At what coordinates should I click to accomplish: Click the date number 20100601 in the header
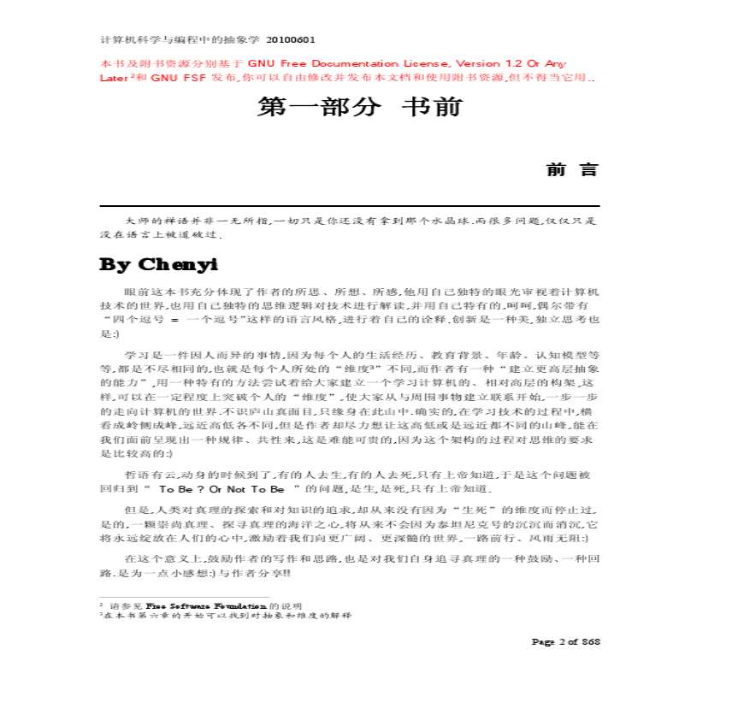click(292, 39)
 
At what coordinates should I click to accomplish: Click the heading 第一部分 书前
click(359, 108)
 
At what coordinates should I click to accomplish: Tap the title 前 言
click(572, 169)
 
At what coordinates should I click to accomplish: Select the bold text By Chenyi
click(158, 264)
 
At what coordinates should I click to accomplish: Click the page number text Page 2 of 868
click(564, 641)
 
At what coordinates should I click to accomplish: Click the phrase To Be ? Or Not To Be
click(221, 488)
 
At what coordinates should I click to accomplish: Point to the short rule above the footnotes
click(184, 598)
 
